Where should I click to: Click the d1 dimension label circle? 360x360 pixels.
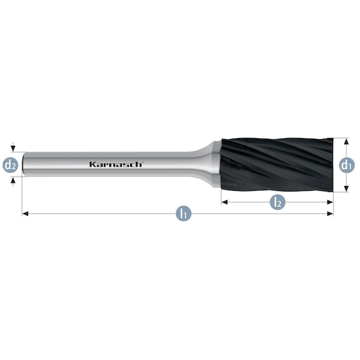(x=347, y=165)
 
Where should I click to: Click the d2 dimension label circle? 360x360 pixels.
(x=10, y=165)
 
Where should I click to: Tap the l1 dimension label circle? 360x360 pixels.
(x=184, y=214)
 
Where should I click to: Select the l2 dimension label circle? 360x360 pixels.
(x=277, y=202)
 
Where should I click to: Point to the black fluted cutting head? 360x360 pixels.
(x=277, y=165)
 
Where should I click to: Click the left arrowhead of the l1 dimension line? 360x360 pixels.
(x=25, y=214)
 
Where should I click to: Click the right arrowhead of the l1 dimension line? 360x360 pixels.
(x=330, y=214)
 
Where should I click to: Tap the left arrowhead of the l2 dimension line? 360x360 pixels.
(x=224, y=202)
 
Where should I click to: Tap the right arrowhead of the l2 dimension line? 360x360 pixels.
(x=330, y=202)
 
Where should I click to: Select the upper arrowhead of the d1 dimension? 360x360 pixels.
(x=347, y=142)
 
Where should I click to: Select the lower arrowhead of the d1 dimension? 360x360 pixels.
(x=347, y=189)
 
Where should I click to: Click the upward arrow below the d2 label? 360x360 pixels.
(x=13, y=182)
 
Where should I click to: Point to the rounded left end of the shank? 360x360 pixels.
(x=23, y=164)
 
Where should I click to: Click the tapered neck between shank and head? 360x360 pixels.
(x=201, y=164)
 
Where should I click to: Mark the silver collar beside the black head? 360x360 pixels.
(x=217, y=164)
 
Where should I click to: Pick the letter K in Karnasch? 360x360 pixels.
(x=92, y=164)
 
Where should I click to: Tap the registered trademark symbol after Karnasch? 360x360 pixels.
(x=143, y=162)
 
